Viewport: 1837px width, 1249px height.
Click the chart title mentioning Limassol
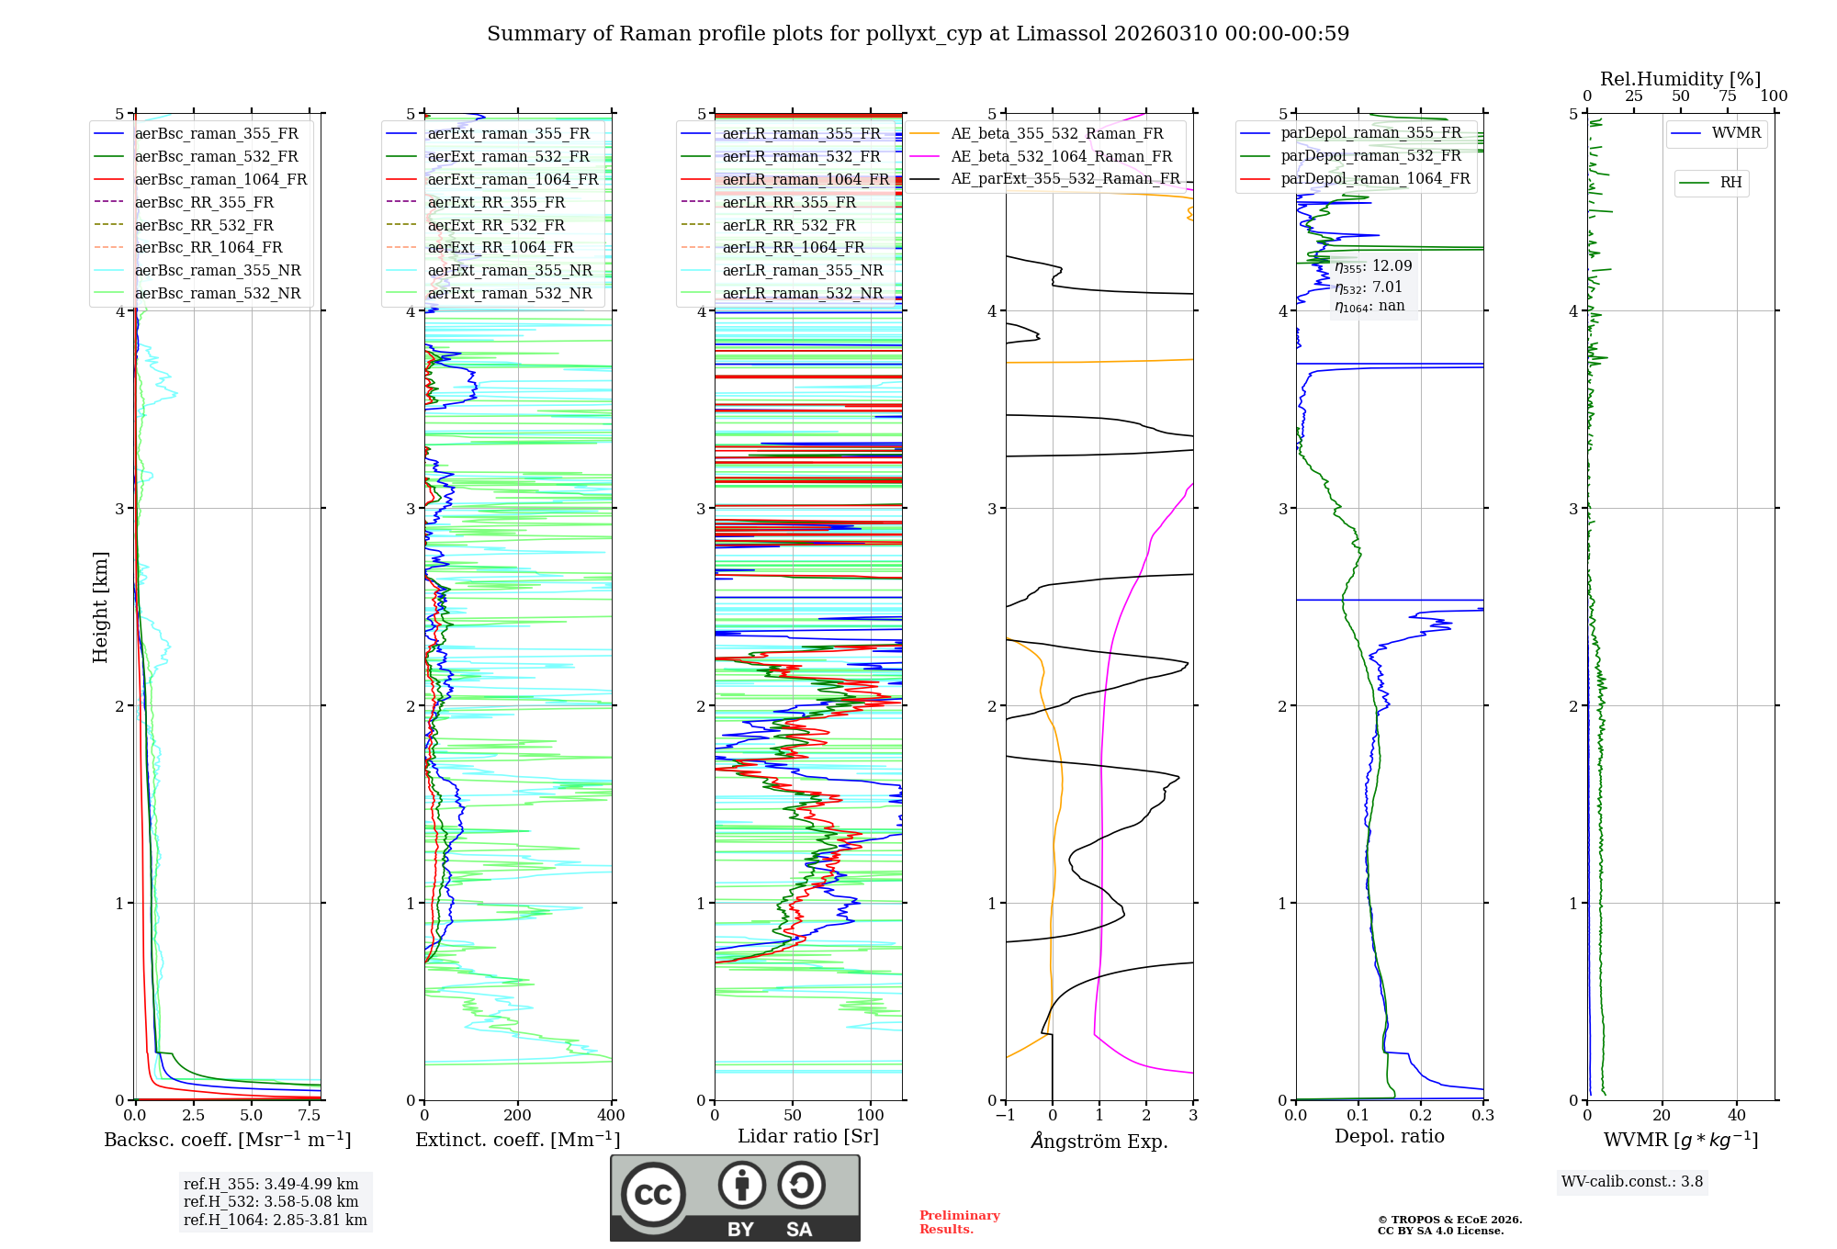(x=918, y=34)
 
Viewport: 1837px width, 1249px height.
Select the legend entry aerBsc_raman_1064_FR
(x=220, y=179)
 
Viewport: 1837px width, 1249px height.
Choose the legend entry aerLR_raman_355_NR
(x=802, y=270)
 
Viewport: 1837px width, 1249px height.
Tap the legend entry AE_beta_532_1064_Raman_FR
(x=1061, y=156)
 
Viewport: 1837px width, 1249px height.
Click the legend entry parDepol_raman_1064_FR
(x=1375, y=178)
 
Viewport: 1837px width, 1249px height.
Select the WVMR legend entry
(x=1736, y=133)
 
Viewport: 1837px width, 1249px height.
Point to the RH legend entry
(x=1730, y=183)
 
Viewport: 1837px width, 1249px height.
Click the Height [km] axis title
(x=100, y=607)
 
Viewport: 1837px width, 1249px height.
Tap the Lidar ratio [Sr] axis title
(x=808, y=1136)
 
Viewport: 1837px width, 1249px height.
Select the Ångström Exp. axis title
(x=1099, y=1141)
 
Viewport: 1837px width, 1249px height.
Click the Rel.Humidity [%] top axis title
(x=1680, y=79)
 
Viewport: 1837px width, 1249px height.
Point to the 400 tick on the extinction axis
(x=611, y=1116)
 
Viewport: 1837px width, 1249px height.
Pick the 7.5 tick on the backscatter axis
(x=310, y=1116)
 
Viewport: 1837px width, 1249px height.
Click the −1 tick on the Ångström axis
(x=1005, y=1116)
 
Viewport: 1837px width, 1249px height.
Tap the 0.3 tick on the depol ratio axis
(x=1482, y=1116)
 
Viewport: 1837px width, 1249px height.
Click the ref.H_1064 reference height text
(x=275, y=1220)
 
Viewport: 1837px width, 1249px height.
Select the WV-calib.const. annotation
(x=1632, y=1182)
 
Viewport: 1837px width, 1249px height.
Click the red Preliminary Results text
(x=959, y=1222)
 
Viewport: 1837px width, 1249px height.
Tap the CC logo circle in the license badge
(x=653, y=1195)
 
